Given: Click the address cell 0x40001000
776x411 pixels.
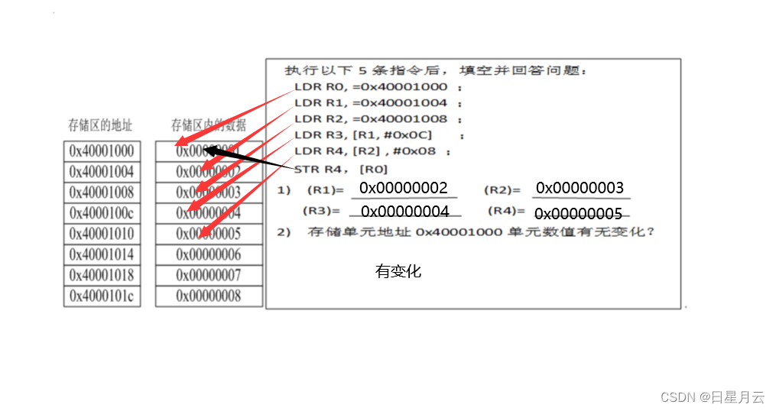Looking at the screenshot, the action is point(102,151).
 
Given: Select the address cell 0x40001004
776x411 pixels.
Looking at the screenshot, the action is point(102,172).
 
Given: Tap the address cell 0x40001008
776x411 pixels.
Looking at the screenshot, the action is point(102,193).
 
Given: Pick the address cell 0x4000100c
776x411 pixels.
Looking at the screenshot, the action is point(102,213).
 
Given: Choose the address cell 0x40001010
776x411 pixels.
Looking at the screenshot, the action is point(102,234).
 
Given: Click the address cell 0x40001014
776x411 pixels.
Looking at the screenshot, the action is point(102,254).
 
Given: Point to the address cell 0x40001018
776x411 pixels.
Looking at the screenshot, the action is point(102,275).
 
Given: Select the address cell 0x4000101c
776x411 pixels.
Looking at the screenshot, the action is point(102,296).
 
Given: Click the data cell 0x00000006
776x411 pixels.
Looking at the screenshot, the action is point(209,254).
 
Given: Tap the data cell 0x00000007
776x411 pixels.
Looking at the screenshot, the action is point(209,275).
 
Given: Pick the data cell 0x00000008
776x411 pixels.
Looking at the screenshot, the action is point(209,296).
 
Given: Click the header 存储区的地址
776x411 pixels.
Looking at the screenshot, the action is point(100,125).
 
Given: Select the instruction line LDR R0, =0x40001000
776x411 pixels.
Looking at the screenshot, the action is point(372,87).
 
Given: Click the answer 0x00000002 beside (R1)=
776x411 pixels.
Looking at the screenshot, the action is point(403,188).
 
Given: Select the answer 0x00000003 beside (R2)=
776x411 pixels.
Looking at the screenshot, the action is point(580,188).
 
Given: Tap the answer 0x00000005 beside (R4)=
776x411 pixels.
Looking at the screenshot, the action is point(578,214).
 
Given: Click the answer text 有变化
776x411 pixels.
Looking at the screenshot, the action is point(398,271).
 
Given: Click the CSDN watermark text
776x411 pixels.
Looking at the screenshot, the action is point(712,397).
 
